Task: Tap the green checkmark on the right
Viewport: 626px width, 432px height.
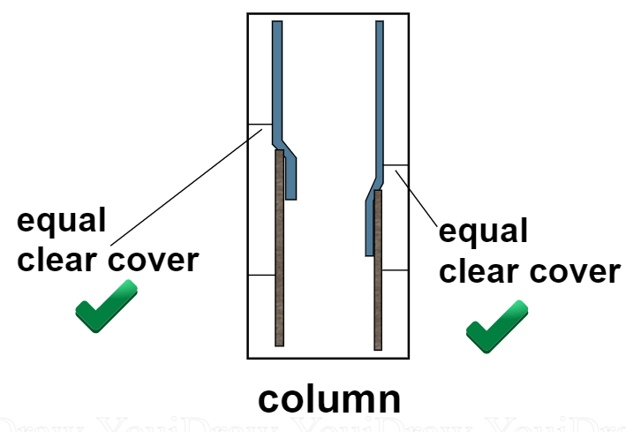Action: tap(496, 326)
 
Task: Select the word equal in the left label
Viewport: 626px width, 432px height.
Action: tap(61, 221)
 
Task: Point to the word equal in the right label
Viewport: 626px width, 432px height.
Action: tap(483, 233)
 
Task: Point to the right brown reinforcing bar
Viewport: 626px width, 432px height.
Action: tap(378, 274)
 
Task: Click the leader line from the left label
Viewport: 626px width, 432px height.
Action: tap(185, 186)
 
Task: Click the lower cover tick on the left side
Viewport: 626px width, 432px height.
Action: tap(260, 276)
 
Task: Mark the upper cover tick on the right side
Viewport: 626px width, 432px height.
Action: tap(395, 165)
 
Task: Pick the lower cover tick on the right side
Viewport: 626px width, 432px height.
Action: tap(395, 269)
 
